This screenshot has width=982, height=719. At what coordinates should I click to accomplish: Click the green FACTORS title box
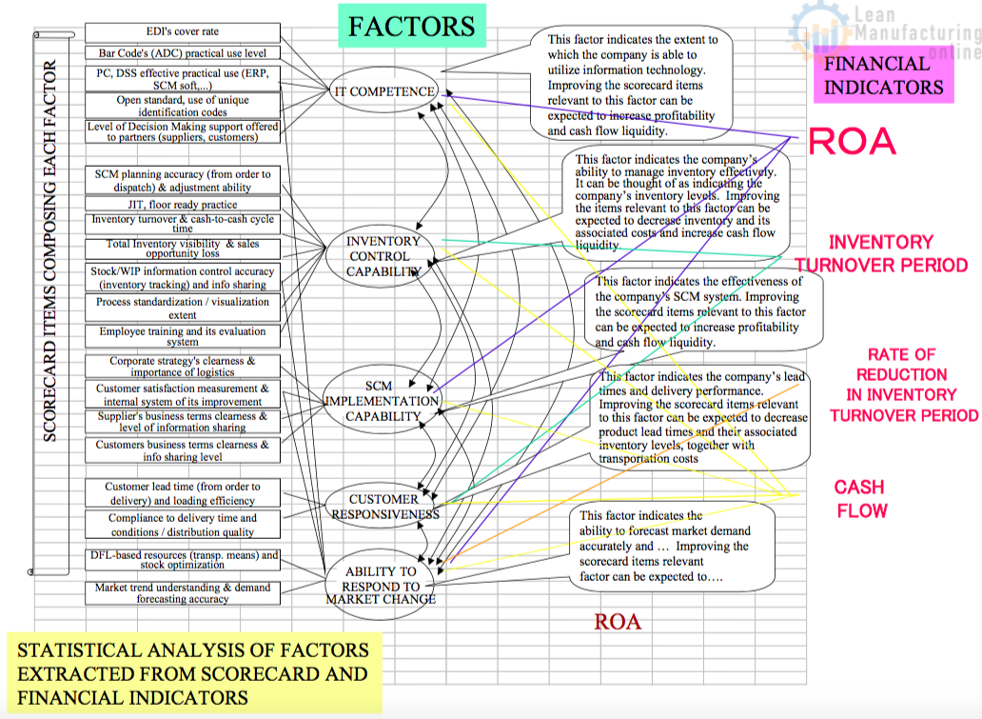[411, 27]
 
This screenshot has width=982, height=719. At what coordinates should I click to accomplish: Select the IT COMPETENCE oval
[384, 92]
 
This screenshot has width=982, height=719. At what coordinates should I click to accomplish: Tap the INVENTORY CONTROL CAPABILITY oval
[383, 256]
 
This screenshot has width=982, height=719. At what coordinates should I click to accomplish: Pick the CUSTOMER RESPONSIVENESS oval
[384, 506]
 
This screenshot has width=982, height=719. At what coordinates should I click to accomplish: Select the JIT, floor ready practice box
[183, 204]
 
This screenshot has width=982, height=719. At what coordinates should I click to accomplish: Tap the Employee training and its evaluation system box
[183, 336]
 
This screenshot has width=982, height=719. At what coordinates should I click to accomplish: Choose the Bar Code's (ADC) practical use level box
[183, 53]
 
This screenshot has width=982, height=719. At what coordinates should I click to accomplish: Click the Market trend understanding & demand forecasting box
[183, 593]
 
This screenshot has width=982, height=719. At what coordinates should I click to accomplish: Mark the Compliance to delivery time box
[183, 525]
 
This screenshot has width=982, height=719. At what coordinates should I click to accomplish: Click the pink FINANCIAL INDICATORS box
[882, 76]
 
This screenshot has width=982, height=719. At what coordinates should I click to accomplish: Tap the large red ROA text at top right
[852, 142]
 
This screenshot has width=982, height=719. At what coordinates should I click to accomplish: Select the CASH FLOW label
[860, 499]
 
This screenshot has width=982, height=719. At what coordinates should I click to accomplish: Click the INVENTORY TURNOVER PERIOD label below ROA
[881, 253]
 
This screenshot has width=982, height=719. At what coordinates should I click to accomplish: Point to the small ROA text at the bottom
[618, 623]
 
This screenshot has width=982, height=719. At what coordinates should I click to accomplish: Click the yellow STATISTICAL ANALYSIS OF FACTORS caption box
[193, 674]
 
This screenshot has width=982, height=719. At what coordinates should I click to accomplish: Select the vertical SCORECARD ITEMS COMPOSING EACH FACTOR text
[50, 250]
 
